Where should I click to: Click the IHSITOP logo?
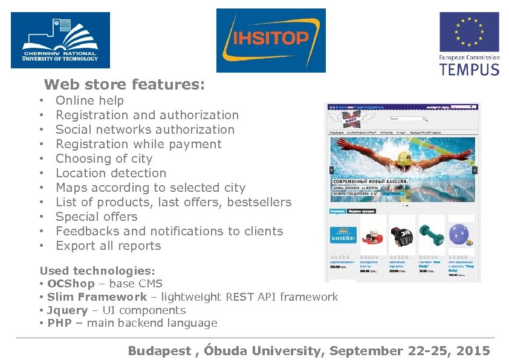pos(271,40)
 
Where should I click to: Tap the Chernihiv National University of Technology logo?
pos(60,40)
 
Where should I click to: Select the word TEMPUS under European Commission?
pos(469,68)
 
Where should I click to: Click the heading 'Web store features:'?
pos(125,84)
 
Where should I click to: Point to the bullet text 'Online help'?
pos(89,100)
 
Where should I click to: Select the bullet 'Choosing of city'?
pos(104,159)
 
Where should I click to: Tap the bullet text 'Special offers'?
pos(97,217)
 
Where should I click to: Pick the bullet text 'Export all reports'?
pos(108,246)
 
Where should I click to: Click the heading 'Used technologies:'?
pos(97,271)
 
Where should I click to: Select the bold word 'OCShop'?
pos(71,284)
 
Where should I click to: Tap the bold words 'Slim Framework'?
pos(97,297)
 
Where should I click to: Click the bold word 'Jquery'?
pos(67,310)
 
